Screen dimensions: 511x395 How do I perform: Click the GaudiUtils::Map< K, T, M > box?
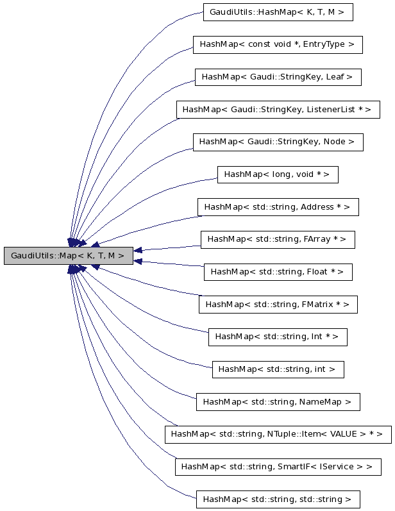click(68, 255)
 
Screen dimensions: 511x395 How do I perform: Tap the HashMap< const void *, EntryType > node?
click(278, 44)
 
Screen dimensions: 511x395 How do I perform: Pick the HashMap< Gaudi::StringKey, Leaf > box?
click(278, 77)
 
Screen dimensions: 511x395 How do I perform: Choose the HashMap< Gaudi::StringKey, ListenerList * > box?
click(278, 109)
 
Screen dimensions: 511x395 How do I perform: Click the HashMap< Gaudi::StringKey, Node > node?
click(278, 142)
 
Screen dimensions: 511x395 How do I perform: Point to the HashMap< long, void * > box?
click(278, 174)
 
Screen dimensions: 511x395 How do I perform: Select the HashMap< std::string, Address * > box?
click(278, 207)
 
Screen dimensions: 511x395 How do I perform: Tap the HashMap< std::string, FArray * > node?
click(278, 239)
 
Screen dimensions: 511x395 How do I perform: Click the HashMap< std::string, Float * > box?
click(278, 272)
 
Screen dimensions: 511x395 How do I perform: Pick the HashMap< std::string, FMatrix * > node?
click(278, 304)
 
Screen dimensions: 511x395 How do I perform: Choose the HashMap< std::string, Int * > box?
click(278, 337)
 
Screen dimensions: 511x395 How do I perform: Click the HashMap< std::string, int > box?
click(278, 369)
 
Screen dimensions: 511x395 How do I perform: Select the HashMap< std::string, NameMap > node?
click(278, 402)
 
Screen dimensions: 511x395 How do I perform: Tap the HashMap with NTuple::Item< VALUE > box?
click(278, 434)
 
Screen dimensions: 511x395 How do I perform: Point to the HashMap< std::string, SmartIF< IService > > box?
click(278, 467)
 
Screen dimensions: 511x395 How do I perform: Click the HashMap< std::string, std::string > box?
click(278, 499)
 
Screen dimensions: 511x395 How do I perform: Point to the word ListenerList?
click(330, 109)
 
